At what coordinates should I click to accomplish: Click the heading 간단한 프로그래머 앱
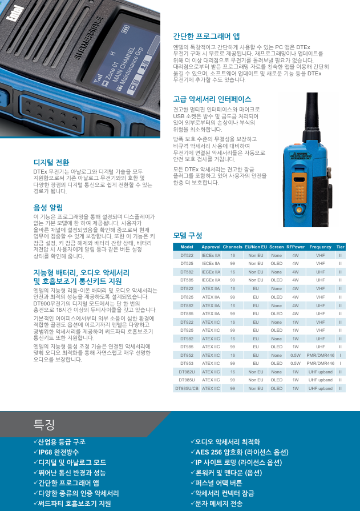click(206, 37)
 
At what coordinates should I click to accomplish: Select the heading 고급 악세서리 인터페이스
click(212, 99)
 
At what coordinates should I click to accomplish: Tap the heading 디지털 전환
click(51, 162)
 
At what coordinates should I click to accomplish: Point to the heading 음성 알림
click(48, 208)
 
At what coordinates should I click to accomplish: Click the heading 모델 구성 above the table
click(188, 236)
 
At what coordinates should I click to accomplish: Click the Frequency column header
click(320, 247)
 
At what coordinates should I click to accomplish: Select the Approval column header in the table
click(211, 247)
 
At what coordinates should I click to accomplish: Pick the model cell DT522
click(187, 256)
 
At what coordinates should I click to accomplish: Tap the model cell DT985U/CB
click(187, 388)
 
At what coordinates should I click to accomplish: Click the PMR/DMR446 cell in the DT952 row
click(320, 355)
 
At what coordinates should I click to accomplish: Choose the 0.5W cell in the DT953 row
click(296, 363)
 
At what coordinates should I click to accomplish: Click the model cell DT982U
click(187, 372)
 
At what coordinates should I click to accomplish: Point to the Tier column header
click(340, 247)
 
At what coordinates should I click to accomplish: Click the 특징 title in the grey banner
click(44, 424)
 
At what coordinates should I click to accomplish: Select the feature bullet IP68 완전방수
click(56, 452)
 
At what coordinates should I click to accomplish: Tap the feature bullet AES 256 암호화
click(240, 452)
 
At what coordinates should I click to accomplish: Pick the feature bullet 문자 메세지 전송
click(217, 504)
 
